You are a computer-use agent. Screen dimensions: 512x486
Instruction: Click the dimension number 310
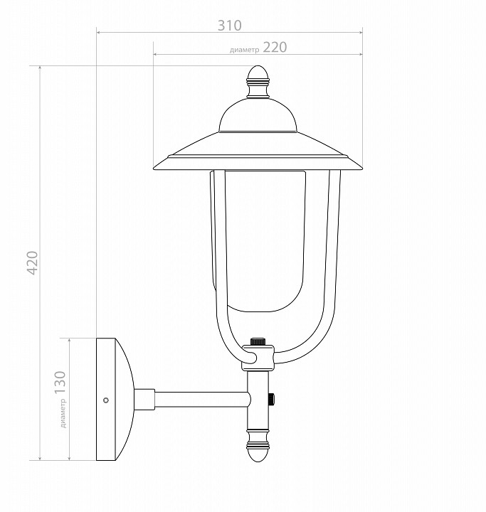coord(230,26)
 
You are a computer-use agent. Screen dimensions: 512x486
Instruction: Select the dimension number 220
coord(275,48)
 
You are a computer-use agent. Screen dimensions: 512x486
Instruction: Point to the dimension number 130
coord(60,383)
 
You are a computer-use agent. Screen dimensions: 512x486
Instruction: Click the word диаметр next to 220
coord(245,50)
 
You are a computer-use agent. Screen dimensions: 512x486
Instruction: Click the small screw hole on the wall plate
coord(106,400)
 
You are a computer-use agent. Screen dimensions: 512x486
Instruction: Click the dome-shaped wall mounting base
coord(114,399)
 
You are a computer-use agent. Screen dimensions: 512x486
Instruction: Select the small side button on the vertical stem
coord(273,400)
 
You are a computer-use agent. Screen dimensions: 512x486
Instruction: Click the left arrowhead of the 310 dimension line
coord(98,32)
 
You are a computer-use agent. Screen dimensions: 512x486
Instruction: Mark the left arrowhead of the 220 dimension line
coord(155,54)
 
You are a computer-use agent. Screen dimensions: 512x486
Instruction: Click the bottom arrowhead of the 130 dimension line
coord(70,458)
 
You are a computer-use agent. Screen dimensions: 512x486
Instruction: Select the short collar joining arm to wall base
coord(145,400)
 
